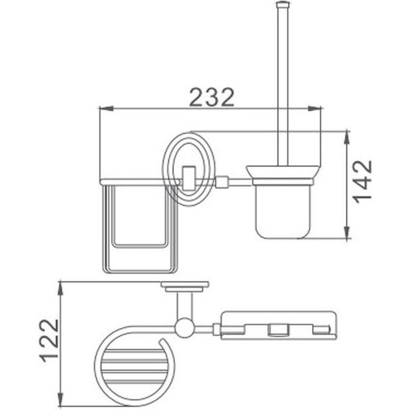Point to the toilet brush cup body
pyautogui.click(x=281, y=209)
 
